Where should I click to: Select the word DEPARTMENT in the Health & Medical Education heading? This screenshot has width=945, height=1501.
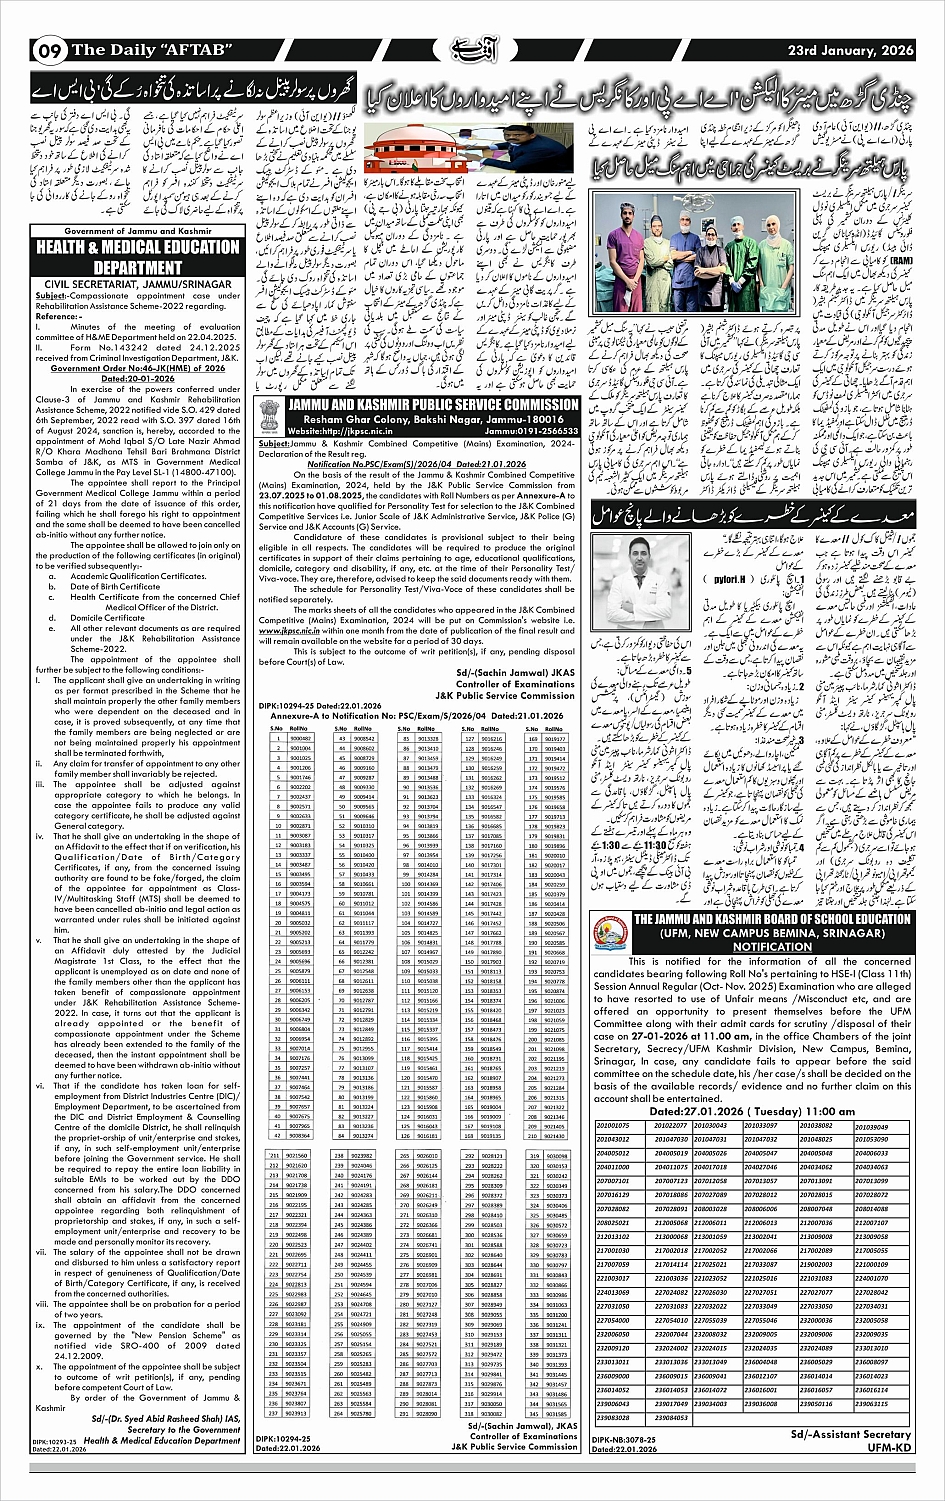138,268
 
